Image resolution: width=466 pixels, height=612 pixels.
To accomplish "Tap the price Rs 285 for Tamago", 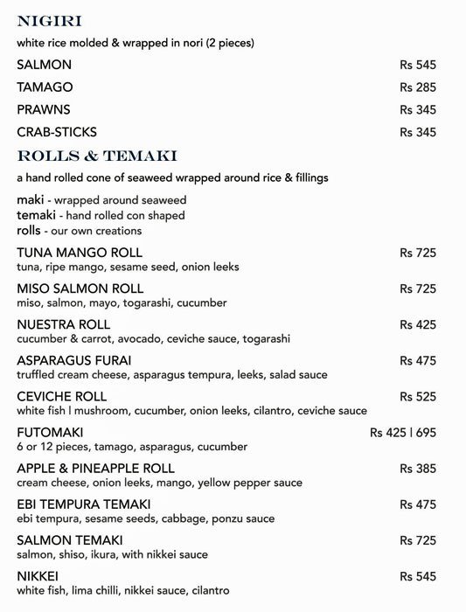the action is [x=417, y=87].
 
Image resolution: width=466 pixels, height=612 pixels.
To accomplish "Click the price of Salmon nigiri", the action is [x=417, y=65].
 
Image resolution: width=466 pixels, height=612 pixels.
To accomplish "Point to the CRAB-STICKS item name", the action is [x=57, y=132].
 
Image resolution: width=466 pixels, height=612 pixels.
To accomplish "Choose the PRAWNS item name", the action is [x=43, y=109].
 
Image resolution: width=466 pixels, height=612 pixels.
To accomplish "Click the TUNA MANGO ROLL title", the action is [x=74, y=253].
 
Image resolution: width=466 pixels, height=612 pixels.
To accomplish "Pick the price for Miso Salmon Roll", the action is [x=417, y=289].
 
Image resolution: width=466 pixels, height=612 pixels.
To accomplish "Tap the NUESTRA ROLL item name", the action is [x=64, y=324].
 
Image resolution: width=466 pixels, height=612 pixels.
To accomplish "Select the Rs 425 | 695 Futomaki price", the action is [x=402, y=432].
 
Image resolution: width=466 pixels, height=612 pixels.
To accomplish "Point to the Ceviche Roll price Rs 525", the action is [x=417, y=396].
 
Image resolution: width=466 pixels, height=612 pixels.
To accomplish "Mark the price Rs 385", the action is [x=417, y=469].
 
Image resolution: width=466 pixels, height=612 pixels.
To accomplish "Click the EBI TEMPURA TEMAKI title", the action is [x=84, y=504].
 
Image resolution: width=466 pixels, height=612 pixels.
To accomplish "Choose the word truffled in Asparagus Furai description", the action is [x=38, y=374].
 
